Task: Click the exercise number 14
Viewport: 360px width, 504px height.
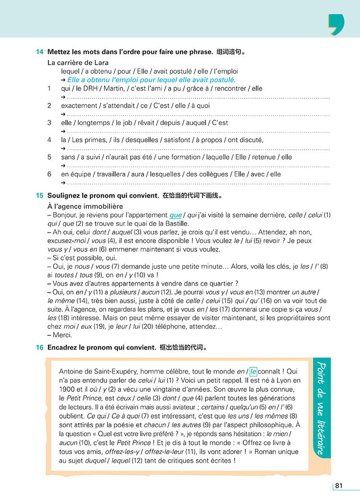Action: coord(39,52)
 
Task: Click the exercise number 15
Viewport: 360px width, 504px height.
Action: coord(39,196)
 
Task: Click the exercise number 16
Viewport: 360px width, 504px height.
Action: coord(39,347)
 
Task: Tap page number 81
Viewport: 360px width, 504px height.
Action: coord(339,486)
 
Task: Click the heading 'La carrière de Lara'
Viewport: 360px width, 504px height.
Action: coord(78,63)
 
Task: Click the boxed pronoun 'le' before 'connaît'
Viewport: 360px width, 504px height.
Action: coord(253,371)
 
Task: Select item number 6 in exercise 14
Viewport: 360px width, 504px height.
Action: coord(49,174)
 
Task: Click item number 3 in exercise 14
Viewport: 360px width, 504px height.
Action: coord(49,123)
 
